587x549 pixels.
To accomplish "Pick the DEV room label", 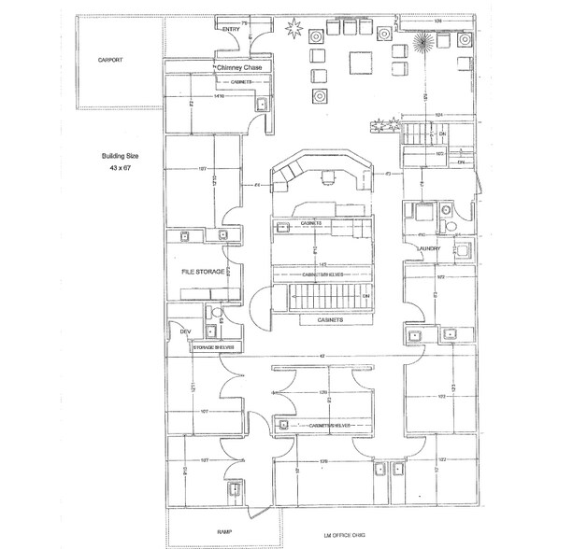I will (x=184, y=331).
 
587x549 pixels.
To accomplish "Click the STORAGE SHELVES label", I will (x=214, y=347).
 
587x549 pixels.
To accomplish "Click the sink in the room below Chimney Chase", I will (x=262, y=104).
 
